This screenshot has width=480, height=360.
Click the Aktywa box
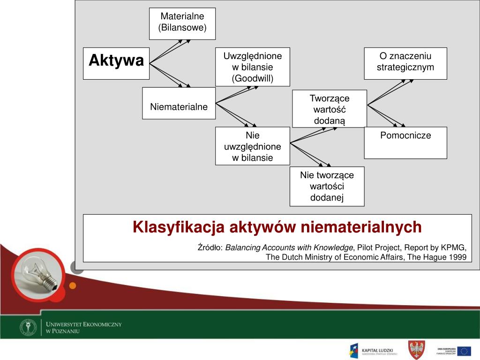116,63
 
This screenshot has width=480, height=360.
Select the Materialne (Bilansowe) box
182,23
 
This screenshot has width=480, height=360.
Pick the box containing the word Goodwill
252,67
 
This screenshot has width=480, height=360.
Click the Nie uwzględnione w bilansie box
252,146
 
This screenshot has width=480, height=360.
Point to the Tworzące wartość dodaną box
329,109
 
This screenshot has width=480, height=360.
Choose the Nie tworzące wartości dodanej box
327,186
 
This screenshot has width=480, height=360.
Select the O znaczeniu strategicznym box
405,63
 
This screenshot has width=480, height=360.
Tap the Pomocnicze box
405,142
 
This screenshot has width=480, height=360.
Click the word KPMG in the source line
454,247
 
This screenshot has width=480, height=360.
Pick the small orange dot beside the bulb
72,285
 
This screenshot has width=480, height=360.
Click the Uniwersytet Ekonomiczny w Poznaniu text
83,327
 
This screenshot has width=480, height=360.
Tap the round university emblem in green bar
28,327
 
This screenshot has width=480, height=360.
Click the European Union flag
464,351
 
